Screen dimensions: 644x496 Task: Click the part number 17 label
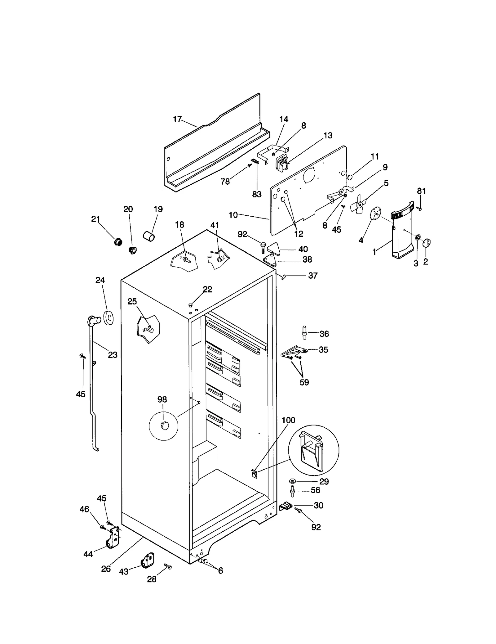point(177,119)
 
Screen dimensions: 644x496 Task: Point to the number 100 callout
point(288,420)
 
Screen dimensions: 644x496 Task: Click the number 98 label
point(162,399)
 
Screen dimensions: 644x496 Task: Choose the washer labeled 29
point(292,481)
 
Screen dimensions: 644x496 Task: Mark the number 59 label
point(304,382)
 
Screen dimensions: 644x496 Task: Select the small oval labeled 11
point(350,178)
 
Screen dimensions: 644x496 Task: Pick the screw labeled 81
point(419,209)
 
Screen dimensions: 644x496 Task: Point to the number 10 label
point(233,215)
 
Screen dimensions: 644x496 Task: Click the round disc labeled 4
point(375,214)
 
